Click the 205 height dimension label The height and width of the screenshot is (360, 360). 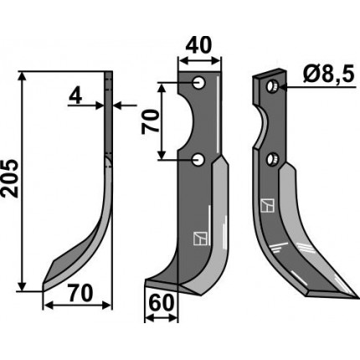tap(10, 178)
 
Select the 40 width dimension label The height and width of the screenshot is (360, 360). tap(198, 45)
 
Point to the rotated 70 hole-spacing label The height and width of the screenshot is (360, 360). tap(151, 121)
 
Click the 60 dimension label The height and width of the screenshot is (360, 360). tap(162, 303)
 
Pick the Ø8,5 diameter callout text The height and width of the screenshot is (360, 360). tap(328, 75)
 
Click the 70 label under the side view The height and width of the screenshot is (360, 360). tap(80, 293)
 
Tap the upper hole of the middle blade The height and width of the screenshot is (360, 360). tap(199, 83)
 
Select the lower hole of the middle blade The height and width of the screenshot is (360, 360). tap(198, 160)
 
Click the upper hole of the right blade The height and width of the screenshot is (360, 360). tap(271, 86)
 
